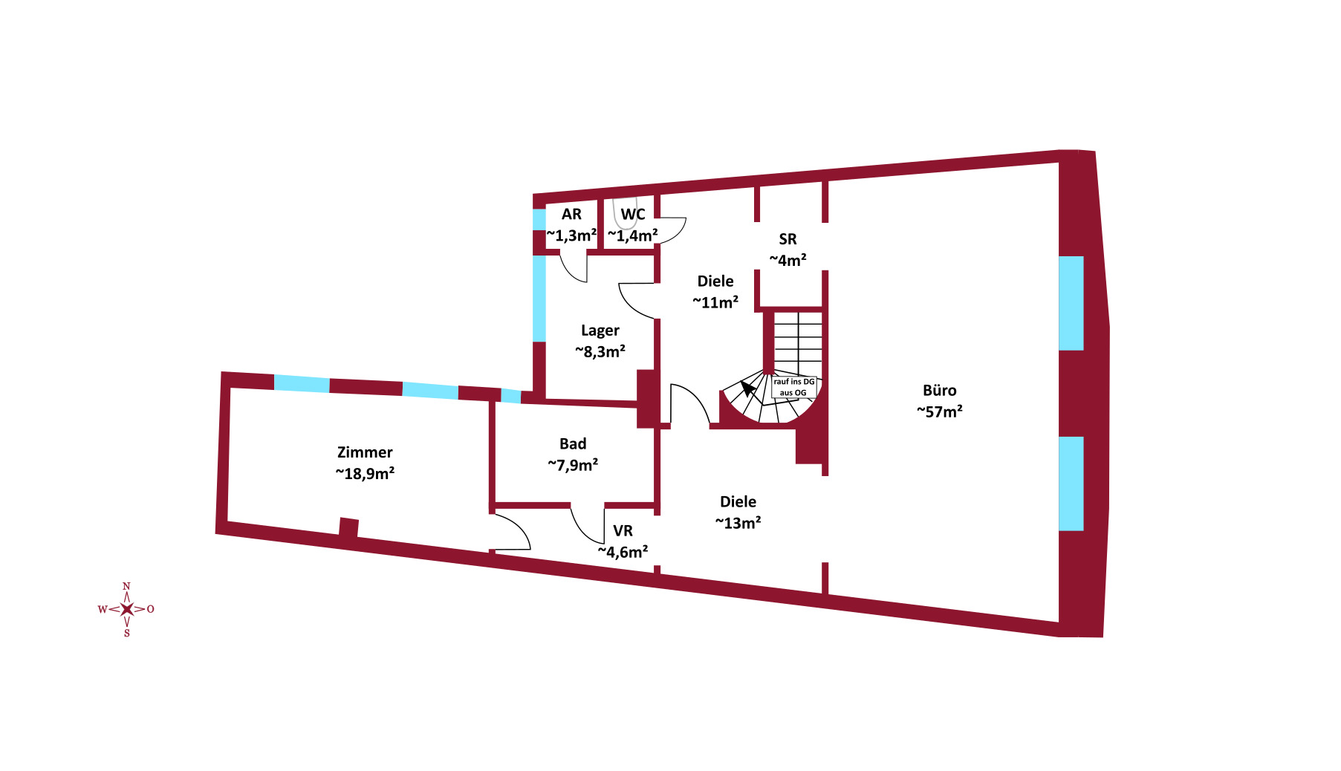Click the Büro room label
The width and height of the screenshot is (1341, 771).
click(939, 390)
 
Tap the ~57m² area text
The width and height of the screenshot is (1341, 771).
click(939, 411)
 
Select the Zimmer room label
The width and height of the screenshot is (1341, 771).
click(365, 452)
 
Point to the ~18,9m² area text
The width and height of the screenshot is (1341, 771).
click(365, 473)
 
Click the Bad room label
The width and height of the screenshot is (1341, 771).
click(573, 443)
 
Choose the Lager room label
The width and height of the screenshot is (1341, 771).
click(600, 331)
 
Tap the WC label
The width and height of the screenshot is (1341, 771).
click(633, 215)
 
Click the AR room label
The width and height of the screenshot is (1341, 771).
click(571, 215)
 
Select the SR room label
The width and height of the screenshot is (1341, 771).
click(788, 239)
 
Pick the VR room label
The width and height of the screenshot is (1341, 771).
click(623, 531)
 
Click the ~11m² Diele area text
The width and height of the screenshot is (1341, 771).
click(715, 302)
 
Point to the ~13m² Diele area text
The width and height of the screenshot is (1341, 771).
click(738, 523)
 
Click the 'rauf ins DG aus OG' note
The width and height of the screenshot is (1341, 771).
click(793, 387)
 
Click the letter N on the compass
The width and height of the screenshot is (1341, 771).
click(126, 586)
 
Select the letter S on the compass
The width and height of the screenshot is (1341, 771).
click(127, 634)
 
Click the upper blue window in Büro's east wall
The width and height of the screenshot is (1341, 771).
click(1071, 303)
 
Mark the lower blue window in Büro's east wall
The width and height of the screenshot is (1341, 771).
click(1071, 484)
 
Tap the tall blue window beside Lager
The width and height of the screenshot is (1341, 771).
click(539, 299)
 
